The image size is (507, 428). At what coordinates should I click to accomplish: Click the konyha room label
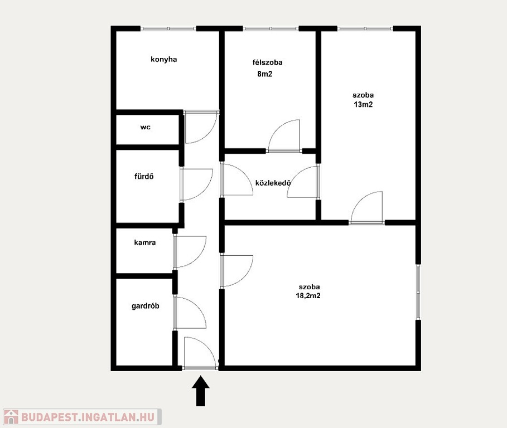point(163,60)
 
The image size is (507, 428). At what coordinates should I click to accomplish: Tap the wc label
point(145,127)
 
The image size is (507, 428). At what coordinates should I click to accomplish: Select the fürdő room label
point(144,176)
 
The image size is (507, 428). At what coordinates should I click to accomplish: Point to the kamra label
point(145,242)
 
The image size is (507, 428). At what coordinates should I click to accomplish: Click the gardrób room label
point(145,306)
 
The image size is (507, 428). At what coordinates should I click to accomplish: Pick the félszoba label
point(267,62)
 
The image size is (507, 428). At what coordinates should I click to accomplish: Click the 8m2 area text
point(264,74)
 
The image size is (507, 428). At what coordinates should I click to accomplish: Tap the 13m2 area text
point(363,104)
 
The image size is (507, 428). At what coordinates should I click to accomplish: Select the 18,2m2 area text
point(308,295)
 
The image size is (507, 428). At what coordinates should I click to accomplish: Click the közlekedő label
point(273,183)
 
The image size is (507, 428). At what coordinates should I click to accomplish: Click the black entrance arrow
point(201,391)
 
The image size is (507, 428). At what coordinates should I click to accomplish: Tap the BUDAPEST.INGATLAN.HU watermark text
point(88,417)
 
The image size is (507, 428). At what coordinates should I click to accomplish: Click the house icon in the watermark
point(11,417)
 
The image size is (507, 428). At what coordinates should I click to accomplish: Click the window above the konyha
point(168,29)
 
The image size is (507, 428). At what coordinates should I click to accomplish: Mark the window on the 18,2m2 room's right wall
point(418,292)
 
